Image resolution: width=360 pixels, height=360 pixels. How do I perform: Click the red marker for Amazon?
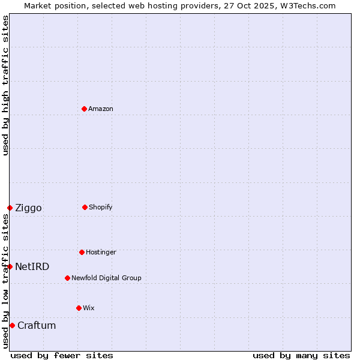point(84,109)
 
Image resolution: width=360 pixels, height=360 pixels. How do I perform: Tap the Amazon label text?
point(101,109)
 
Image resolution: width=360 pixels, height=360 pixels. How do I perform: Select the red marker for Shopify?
point(85,207)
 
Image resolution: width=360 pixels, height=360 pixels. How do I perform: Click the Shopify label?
point(101,208)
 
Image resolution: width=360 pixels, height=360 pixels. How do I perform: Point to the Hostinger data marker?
point(82,252)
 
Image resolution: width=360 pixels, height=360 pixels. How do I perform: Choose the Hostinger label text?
point(101,253)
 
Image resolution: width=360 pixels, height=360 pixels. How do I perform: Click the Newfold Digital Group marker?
point(67,278)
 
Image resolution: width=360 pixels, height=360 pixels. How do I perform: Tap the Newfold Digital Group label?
point(106,278)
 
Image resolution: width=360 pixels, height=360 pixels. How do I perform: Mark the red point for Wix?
point(79,308)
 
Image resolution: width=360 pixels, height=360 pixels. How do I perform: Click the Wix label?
point(89,308)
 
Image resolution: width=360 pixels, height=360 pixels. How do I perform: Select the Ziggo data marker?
point(10,208)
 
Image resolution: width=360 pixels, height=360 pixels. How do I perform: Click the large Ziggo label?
point(28,208)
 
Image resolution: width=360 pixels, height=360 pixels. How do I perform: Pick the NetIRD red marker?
point(10,266)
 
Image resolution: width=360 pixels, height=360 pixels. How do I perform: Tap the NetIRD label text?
point(32,267)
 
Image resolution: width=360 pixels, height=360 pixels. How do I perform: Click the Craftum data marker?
point(12,325)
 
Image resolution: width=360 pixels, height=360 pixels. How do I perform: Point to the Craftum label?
point(37,326)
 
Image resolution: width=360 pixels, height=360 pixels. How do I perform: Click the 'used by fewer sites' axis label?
point(62,356)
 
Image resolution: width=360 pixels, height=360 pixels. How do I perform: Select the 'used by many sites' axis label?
point(301,356)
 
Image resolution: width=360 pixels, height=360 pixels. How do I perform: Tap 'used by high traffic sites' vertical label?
point(5,85)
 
